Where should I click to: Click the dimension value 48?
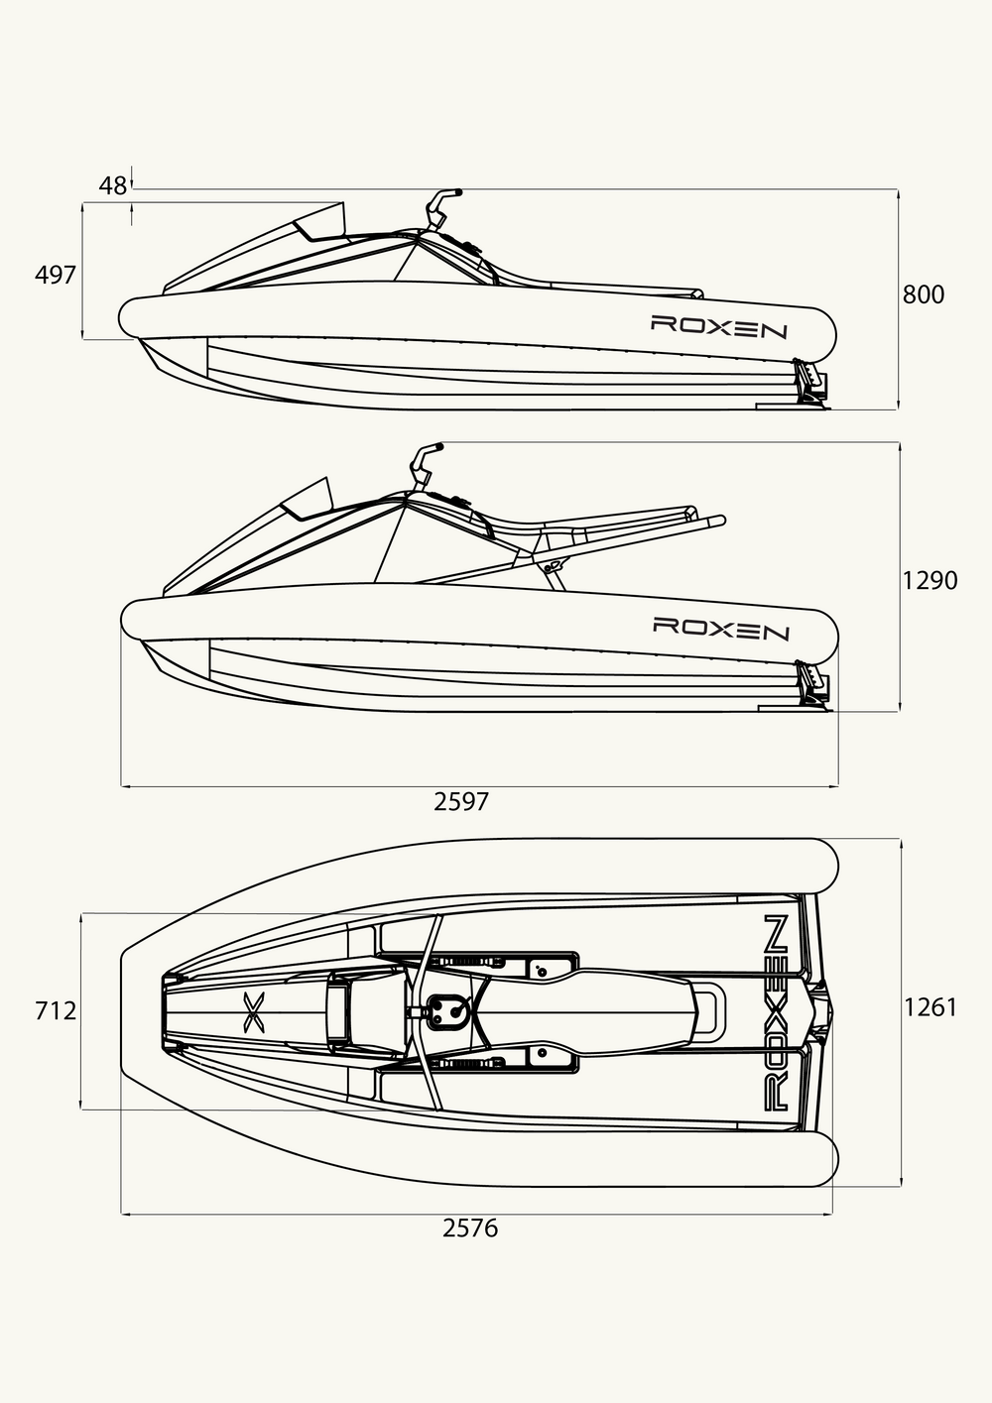point(113,185)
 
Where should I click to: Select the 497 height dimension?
point(56,275)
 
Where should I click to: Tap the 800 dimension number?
point(924,294)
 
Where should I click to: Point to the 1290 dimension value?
point(930,581)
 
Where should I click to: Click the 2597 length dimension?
point(460,802)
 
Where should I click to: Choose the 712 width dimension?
point(56,1010)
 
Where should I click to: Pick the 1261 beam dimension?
point(930,1007)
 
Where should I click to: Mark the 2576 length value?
point(470,1228)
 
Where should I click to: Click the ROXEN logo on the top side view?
point(719,326)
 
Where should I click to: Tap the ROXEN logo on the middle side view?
point(720,629)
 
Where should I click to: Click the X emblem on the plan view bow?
point(254,1012)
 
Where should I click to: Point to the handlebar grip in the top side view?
point(450,191)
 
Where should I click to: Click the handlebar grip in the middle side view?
point(432,447)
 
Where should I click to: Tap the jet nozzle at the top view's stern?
point(810,384)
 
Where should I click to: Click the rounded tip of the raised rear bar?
point(722,520)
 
